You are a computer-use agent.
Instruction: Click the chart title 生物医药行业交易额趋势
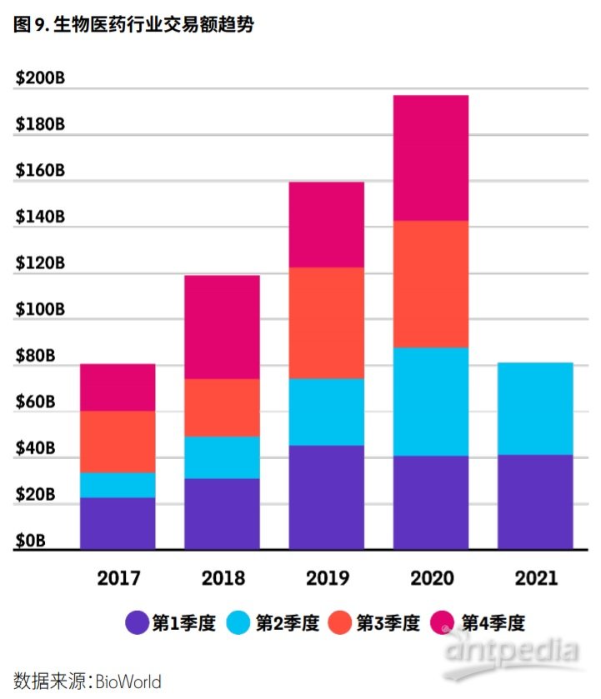(x=153, y=25)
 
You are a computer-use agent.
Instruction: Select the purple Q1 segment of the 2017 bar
(x=118, y=523)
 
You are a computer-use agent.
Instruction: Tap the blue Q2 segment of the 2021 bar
(x=535, y=408)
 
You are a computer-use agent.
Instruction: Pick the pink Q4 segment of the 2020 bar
(x=431, y=157)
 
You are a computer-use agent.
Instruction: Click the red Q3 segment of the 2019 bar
(x=327, y=322)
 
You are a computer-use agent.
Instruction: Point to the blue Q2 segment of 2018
(x=222, y=457)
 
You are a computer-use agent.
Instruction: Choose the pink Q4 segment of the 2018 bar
(x=222, y=327)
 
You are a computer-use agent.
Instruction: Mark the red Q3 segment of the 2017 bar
(x=118, y=442)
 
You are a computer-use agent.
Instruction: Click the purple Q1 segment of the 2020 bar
(x=431, y=502)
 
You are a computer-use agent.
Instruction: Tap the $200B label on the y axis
(x=40, y=78)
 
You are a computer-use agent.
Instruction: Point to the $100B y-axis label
(x=40, y=310)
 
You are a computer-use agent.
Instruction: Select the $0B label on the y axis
(x=33, y=542)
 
